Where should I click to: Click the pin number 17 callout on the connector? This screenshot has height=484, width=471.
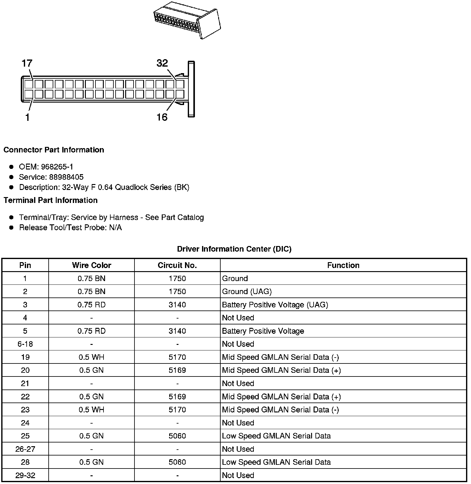27,64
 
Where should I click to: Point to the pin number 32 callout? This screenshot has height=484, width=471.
162,63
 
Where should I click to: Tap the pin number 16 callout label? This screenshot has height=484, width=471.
162,117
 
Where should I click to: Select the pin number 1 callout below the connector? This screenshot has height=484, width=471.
27,117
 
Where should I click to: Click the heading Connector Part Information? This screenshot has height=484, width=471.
54,150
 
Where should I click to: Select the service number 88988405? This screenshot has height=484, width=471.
66,177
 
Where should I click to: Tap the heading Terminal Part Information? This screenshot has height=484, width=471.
51,200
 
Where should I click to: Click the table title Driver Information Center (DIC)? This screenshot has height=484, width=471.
234,249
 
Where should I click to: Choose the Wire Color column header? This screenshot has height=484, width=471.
91,265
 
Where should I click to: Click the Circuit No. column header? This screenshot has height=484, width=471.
177,265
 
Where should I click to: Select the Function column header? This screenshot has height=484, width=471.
343,265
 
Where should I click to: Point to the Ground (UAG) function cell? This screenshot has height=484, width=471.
247,292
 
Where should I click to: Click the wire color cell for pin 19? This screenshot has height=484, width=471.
91,357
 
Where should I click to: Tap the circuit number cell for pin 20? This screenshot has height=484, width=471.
177,370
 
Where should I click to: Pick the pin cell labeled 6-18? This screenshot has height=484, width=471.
25,344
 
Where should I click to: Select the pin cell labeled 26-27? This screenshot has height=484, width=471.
25,449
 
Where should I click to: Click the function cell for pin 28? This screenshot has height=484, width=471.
276,462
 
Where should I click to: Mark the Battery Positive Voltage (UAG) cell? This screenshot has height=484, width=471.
275,305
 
